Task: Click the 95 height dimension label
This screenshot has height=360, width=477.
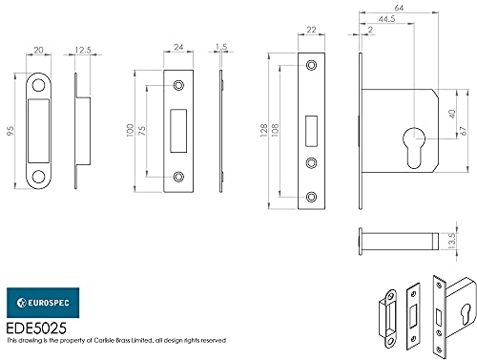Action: [x=10, y=131]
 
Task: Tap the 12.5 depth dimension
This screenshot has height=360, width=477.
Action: [x=83, y=50]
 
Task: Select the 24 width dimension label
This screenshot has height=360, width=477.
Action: [x=178, y=47]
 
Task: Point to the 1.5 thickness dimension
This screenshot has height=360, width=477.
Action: [x=221, y=47]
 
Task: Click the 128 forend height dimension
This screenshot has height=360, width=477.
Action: [x=264, y=131]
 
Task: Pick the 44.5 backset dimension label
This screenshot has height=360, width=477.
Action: [x=386, y=19]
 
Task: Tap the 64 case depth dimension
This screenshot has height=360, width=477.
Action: [x=399, y=8]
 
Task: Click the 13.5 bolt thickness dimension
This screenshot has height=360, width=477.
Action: [x=451, y=241]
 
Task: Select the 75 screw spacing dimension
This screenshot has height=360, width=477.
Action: [x=142, y=131]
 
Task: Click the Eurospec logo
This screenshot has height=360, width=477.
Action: [x=43, y=303]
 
